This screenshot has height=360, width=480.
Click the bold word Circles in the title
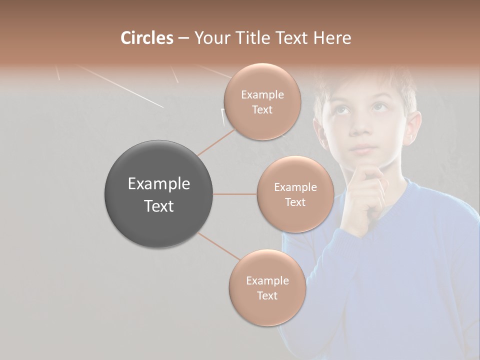[146, 38]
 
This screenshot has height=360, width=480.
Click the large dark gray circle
[158, 194]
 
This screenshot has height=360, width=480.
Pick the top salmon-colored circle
[262, 101]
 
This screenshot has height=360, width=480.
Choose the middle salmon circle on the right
[295, 194]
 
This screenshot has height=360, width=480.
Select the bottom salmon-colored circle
[267, 287]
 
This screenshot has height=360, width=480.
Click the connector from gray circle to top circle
[216, 141]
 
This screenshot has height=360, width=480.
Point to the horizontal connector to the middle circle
[234, 194]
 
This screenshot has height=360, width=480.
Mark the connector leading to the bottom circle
[219, 246]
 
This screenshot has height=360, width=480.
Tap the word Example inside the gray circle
[158, 184]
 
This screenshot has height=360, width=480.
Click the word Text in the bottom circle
[267, 295]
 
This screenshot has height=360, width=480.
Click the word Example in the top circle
[262, 94]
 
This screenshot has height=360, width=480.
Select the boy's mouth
[363, 148]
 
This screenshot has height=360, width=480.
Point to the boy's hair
[365, 80]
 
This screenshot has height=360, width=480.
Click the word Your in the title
[211, 38]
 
